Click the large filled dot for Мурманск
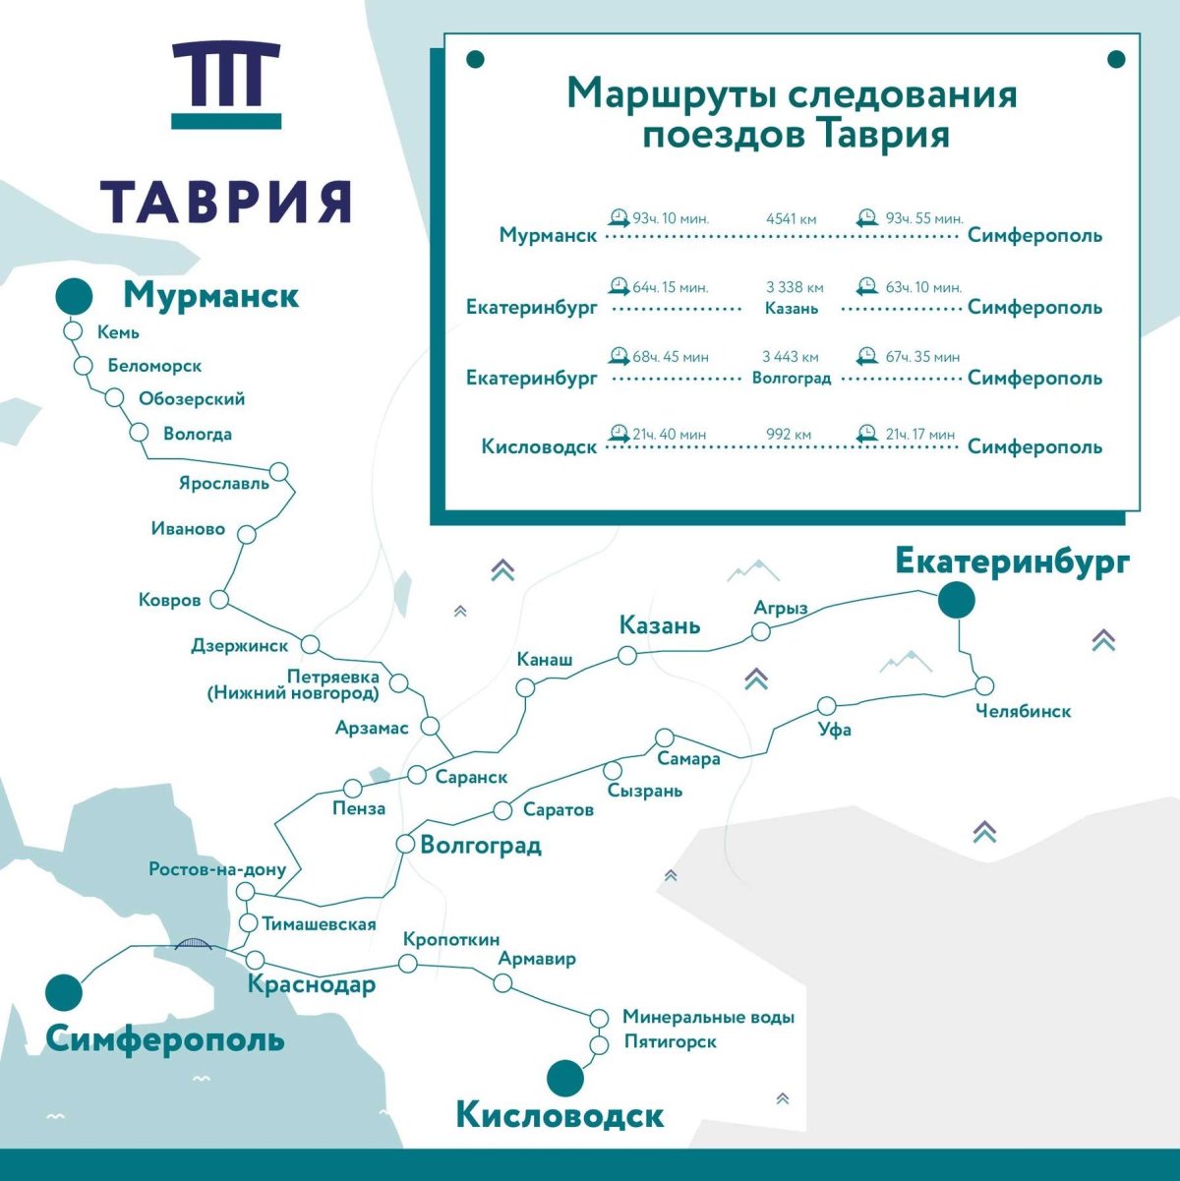click(x=73, y=296)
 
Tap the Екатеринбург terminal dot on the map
click(x=956, y=600)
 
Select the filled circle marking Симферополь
click(x=65, y=992)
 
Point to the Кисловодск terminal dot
click(x=564, y=1078)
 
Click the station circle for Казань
click(x=627, y=655)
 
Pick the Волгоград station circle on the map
click(x=405, y=844)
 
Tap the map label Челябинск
click(x=1023, y=711)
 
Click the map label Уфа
click(x=835, y=730)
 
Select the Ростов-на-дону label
click(x=217, y=869)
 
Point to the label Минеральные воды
click(x=708, y=1017)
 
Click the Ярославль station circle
click(x=279, y=472)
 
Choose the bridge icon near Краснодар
click(x=194, y=944)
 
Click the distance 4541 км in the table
click(x=792, y=218)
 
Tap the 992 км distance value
click(x=790, y=434)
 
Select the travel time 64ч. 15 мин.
click(x=670, y=287)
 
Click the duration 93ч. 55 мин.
click(x=923, y=218)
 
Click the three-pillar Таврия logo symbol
click(x=226, y=84)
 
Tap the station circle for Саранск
click(x=417, y=774)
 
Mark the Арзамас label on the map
click(x=372, y=728)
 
